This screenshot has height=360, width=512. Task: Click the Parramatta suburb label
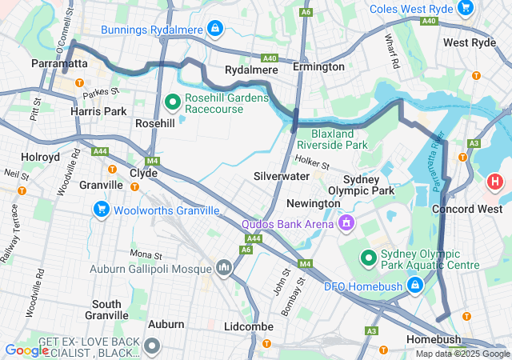point(58,62)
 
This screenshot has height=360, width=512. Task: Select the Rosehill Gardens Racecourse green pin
point(172,102)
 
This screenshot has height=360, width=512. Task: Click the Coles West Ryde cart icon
point(465,9)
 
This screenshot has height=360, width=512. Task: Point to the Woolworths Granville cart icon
point(102,210)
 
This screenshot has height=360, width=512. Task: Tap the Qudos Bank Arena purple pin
point(346,222)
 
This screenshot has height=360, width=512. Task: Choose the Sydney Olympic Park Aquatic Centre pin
point(368,258)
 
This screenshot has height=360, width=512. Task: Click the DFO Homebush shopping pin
point(415,286)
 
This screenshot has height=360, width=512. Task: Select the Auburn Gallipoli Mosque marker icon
point(223,268)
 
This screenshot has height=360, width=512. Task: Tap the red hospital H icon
point(495,182)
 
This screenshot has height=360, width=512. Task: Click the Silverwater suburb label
point(282,175)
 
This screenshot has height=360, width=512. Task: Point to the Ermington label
point(318,67)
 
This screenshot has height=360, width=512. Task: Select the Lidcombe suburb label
point(249,327)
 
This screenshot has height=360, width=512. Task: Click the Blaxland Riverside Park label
point(332,139)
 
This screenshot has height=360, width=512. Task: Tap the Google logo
point(26,350)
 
